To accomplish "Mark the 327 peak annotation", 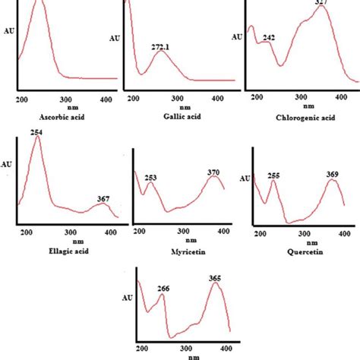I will click(x=326, y=4).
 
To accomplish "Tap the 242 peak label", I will click(x=269, y=37).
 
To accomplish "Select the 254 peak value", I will click(x=36, y=133).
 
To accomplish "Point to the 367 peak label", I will click(x=103, y=200).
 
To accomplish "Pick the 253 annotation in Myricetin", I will click(x=151, y=178).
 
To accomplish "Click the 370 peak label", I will click(x=214, y=172).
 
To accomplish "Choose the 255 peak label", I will click(x=273, y=175).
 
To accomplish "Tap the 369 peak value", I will click(x=333, y=175).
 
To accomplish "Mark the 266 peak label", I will click(x=163, y=289).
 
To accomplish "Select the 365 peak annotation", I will click(x=215, y=279).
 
